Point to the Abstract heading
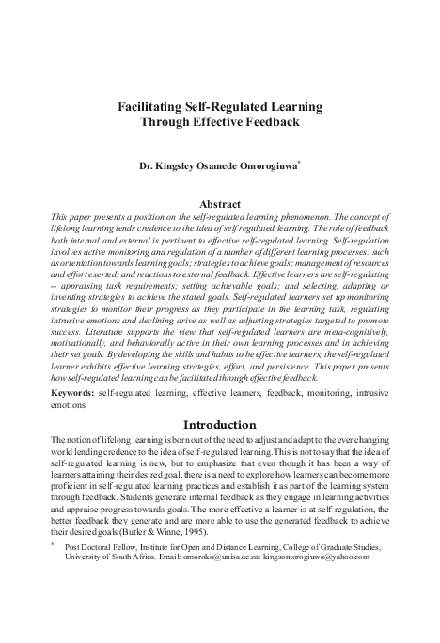219,204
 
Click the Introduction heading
219,424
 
